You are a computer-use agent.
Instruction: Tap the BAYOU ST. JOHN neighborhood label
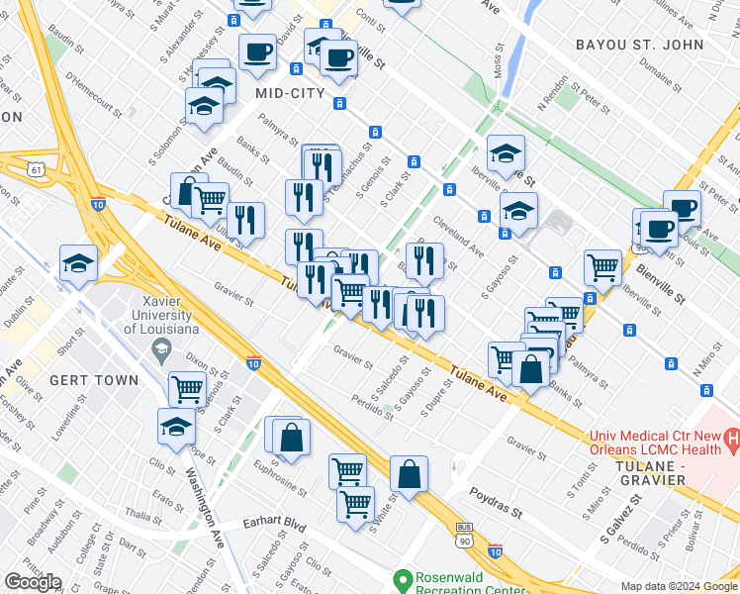[654, 45]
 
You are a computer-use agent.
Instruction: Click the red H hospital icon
[732, 437]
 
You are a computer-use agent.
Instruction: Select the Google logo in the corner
[34, 582]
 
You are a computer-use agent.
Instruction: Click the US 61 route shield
[37, 169]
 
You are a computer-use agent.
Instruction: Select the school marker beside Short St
[78, 264]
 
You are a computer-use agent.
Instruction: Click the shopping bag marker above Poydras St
[409, 473]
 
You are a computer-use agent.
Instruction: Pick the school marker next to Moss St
[506, 152]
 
